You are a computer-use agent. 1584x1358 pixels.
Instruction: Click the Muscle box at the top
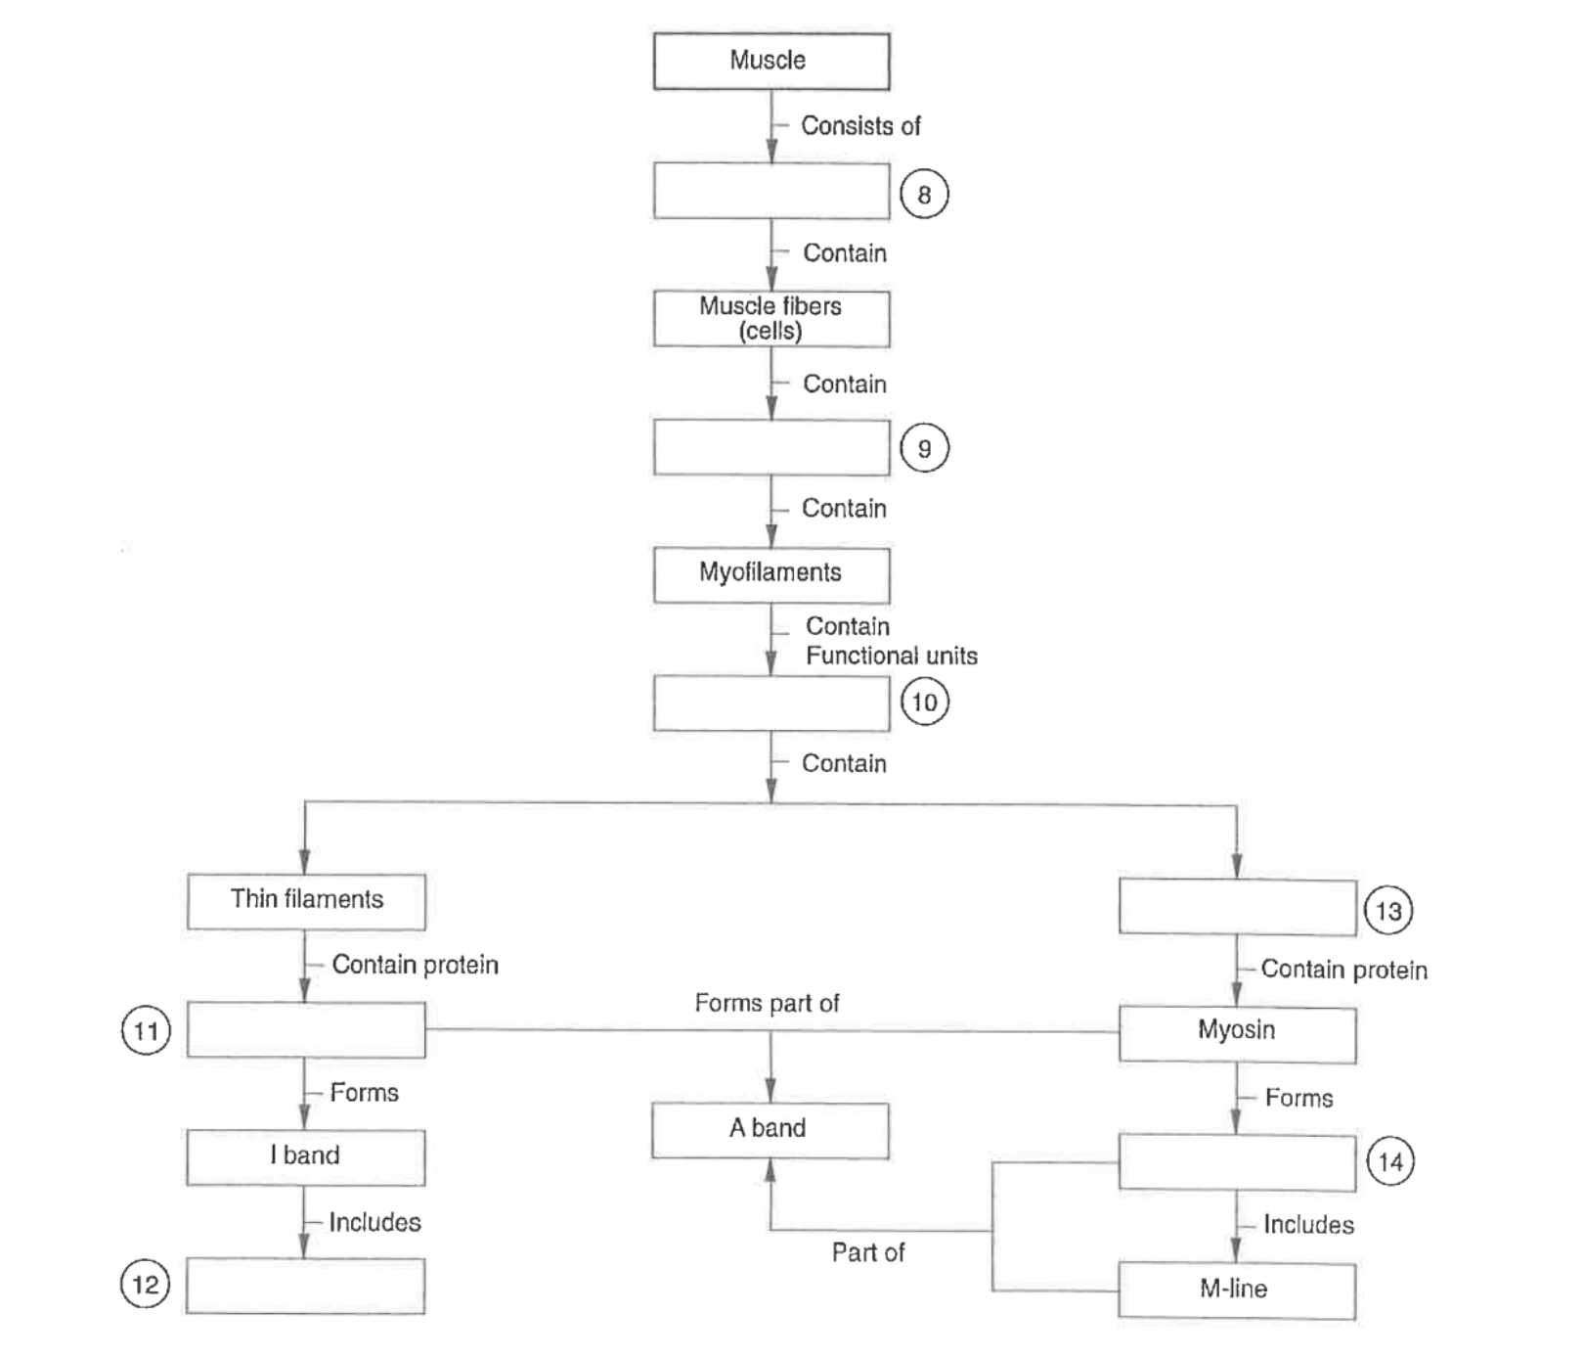770,61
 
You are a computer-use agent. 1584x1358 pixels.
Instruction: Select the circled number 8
924,194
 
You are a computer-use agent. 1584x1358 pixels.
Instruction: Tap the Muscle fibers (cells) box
770,318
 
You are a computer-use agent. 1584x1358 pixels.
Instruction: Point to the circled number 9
924,448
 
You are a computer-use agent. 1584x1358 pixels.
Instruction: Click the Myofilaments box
770,573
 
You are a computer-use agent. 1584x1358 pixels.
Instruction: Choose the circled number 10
924,702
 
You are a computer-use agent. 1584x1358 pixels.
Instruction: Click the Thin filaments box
306,900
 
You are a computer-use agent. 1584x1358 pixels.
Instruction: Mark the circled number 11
146,1031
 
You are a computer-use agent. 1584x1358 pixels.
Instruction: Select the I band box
305,1156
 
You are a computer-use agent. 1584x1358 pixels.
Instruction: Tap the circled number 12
145,1284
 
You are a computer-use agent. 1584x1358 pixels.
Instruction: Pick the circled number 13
1388,911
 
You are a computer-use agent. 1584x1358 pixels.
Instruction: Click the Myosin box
1237,1031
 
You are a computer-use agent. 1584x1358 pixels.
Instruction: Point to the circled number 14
1389,1162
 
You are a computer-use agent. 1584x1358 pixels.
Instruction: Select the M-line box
1236,1290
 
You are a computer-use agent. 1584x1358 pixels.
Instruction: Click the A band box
770,1129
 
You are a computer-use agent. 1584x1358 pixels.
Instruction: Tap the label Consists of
860,126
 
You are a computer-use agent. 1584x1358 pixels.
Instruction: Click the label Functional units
891,656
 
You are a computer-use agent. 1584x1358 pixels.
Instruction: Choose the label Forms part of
767,1003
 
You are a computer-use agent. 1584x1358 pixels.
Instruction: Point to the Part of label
867,1252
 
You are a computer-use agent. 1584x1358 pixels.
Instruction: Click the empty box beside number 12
305,1286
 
